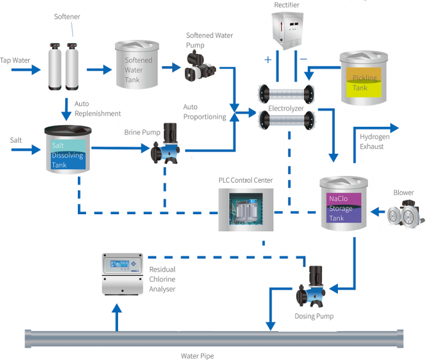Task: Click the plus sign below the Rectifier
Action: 268,60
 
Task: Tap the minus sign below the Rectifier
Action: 303,60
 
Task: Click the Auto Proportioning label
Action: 204,112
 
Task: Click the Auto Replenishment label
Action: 97,108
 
